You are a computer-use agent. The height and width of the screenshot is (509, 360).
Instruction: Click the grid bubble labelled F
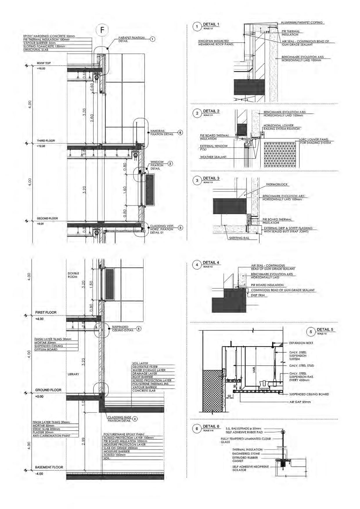coord(102,30)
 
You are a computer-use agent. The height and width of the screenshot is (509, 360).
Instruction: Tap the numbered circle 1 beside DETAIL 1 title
coord(197,27)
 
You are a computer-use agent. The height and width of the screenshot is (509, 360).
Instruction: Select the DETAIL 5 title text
coord(325,329)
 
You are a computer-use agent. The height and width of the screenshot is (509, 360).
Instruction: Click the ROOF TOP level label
coord(44,63)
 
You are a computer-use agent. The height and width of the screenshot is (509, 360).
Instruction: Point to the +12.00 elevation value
coord(41,146)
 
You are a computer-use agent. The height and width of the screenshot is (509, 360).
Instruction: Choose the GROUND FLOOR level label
coord(48,390)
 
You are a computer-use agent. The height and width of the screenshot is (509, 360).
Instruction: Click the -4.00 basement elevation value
coord(39,474)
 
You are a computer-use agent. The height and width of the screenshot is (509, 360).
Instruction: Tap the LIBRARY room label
coord(73,374)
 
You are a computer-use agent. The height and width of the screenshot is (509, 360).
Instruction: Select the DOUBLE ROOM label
coord(73,275)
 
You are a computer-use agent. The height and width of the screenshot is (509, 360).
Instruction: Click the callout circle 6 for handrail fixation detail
coord(180,133)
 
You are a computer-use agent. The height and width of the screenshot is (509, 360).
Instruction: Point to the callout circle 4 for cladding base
coord(135,419)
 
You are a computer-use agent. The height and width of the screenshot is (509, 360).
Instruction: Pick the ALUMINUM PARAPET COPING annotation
coord(301,22)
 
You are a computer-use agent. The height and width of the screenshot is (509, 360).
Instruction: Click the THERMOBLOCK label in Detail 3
coord(277,184)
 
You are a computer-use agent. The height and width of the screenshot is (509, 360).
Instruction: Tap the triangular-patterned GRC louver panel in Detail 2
coord(280,154)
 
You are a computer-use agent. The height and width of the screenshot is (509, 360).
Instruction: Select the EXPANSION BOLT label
coord(301,343)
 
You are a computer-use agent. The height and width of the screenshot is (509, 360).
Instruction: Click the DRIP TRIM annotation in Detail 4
coord(258,295)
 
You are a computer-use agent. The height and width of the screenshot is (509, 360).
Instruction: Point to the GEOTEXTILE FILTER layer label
coord(145,367)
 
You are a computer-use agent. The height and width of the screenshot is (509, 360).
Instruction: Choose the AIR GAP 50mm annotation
coord(300,402)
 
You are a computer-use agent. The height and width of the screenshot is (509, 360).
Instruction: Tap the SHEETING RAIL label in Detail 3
coord(239,238)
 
